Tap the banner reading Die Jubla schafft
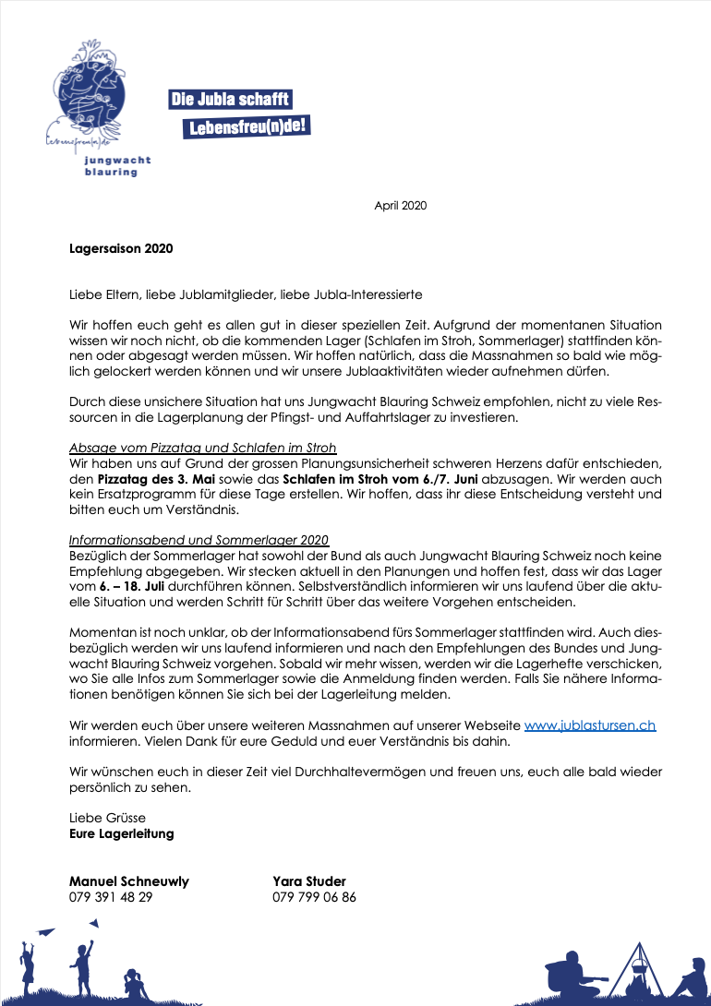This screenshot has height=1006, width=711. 230,99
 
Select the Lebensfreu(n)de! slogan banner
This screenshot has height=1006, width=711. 247,126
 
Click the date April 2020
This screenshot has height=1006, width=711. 400,206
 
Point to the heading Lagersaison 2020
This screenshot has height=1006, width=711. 121,248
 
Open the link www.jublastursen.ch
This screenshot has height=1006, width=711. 589,725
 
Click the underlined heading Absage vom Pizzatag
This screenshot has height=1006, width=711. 202,448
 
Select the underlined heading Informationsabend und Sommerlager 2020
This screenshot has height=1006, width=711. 199,540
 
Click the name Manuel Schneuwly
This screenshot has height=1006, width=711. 129,880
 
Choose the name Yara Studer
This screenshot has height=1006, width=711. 308,880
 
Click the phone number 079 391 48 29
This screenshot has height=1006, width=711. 111,896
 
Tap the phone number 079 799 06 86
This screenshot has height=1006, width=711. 314,896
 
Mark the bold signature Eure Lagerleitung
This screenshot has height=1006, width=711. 121,833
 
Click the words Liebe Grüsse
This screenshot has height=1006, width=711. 107,818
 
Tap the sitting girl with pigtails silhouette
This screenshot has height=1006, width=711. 137,986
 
